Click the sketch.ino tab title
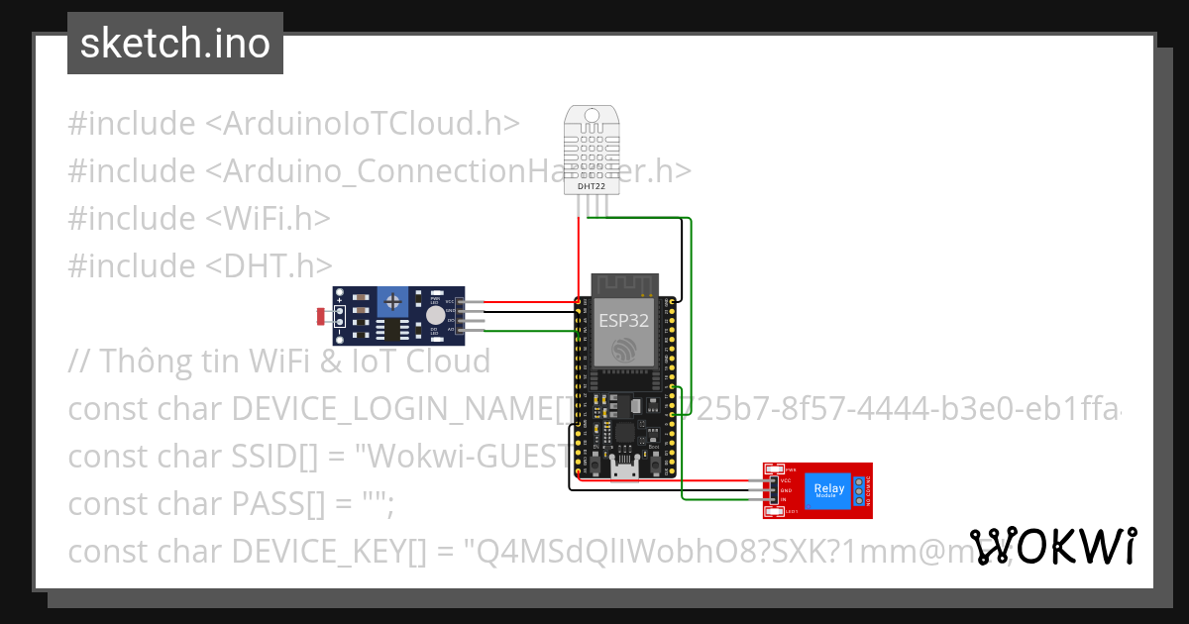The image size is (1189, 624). pos(175,44)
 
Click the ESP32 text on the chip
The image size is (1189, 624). pos(623,319)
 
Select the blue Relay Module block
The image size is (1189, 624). pos(828,489)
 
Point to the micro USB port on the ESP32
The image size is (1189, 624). pos(625,467)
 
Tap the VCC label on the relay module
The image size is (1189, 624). pos(786,481)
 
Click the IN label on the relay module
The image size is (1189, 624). pos(784,499)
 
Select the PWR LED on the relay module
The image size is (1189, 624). pos(778,469)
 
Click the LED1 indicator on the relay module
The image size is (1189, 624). pos(778,511)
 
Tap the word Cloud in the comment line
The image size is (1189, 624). pos(449,361)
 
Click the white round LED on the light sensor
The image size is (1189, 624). pos(435,315)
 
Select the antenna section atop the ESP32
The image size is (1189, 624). pos(624,285)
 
